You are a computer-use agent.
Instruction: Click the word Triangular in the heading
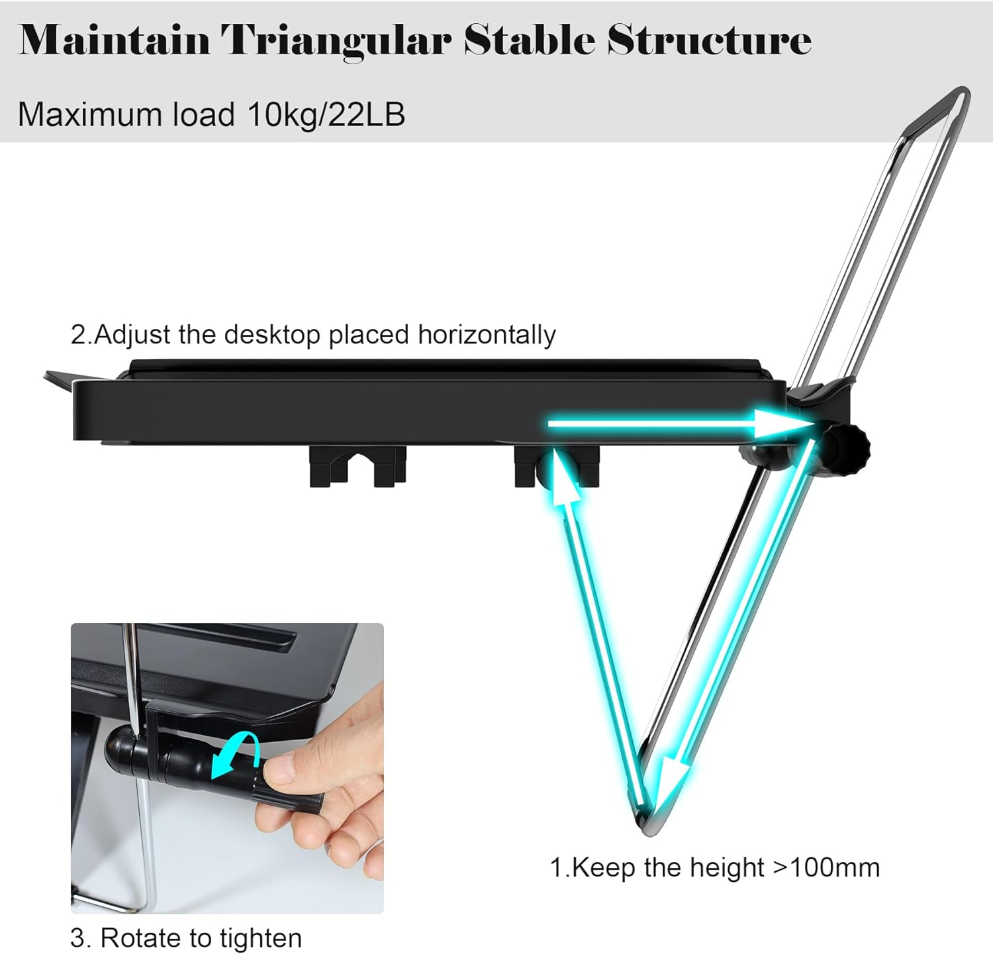(x=336, y=41)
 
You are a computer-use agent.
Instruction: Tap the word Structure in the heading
(x=709, y=41)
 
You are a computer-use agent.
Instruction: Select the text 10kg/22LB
(x=326, y=115)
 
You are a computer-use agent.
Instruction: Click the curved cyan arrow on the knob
(x=233, y=755)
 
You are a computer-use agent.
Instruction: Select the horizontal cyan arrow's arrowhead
(x=781, y=423)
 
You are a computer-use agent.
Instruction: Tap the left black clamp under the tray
(x=357, y=467)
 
